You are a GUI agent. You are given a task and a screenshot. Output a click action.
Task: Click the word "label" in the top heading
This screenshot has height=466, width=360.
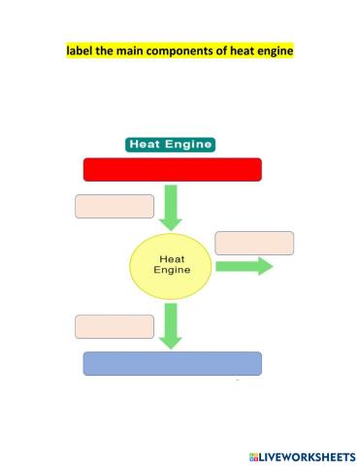[79, 50]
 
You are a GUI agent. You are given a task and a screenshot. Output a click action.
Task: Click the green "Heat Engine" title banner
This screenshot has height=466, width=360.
[170, 144]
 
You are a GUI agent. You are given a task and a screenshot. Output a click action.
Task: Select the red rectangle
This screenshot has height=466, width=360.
[173, 170]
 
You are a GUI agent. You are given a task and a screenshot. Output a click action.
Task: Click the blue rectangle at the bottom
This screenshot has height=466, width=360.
[173, 363]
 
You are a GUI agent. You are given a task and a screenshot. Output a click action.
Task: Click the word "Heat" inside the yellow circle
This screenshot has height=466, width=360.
[172, 259]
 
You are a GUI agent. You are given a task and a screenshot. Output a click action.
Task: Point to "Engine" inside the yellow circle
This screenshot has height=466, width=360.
[172, 273]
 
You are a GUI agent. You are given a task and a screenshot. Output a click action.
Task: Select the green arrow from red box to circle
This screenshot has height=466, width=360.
[172, 207]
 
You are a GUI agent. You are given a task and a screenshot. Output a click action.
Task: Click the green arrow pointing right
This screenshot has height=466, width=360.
[245, 266]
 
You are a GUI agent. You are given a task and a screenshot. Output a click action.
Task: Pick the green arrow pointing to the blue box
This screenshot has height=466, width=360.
[172, 325]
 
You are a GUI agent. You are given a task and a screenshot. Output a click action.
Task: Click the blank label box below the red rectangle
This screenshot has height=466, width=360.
[115, 206]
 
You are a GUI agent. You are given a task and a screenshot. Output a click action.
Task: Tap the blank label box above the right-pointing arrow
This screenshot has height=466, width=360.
[254, 243]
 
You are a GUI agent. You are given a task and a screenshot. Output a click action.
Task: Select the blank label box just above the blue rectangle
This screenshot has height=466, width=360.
[115, 326]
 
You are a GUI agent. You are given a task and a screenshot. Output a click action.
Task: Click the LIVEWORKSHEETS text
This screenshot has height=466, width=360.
[307, 455]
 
